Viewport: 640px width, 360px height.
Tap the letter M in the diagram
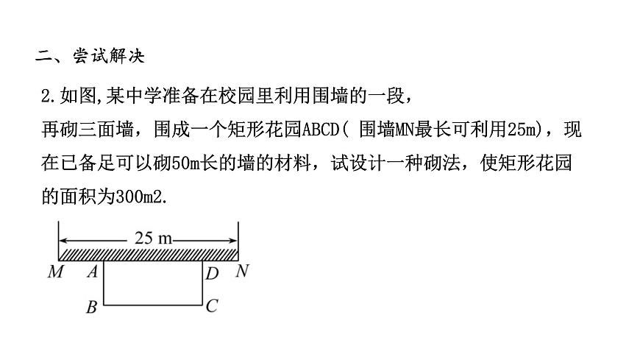[x=55, y=272]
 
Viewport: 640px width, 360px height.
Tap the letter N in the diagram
[x=241, y=272]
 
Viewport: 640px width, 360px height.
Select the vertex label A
[x=93, y=272]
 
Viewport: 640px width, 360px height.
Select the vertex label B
[x=91, y=308]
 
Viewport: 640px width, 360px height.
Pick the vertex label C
[x=212, y=306]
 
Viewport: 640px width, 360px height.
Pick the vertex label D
[x=212, y=274]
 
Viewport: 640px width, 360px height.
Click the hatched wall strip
[x=148, y=254]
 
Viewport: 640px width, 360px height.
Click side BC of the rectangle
[x=153, y=303]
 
